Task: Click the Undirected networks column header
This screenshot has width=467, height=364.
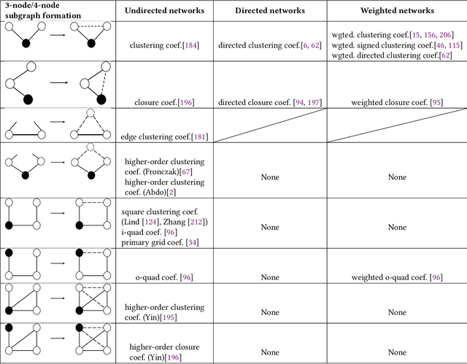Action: (x=163, y=11)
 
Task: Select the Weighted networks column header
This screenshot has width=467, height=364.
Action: (x=396, y=11)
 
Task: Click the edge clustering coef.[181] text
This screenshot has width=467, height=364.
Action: (x=163, y=136)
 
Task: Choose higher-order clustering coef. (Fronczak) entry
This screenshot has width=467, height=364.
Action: (x=165, y=166)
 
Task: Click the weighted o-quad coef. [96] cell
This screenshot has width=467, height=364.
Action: (x=396, y=277)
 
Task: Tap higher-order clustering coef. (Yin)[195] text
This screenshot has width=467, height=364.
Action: (x=165, y=311)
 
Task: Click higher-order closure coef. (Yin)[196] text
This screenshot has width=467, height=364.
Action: (x=163, y=352)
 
